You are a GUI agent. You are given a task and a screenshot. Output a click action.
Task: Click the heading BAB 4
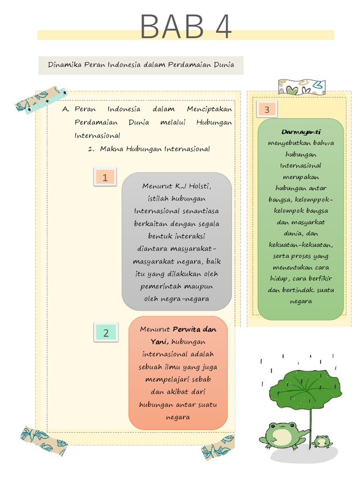point(186,27)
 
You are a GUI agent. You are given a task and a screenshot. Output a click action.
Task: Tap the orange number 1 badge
point(105,177)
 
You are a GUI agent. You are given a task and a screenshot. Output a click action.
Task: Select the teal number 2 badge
point(106,332)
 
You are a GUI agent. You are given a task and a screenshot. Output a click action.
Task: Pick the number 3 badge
point(267,110)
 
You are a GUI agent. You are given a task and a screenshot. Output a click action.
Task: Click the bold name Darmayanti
point(300,132)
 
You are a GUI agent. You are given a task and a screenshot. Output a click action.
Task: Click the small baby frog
point(322,441)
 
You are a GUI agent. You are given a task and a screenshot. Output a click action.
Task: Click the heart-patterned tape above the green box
point(301,87)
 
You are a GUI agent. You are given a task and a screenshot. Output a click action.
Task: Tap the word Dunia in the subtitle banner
point(224,64)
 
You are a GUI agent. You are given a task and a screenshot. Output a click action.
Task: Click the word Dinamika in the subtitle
point(64,64)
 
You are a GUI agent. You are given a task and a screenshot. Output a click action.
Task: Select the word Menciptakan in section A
point(209,109)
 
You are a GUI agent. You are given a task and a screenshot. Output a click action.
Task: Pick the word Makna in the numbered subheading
point(111,149)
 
